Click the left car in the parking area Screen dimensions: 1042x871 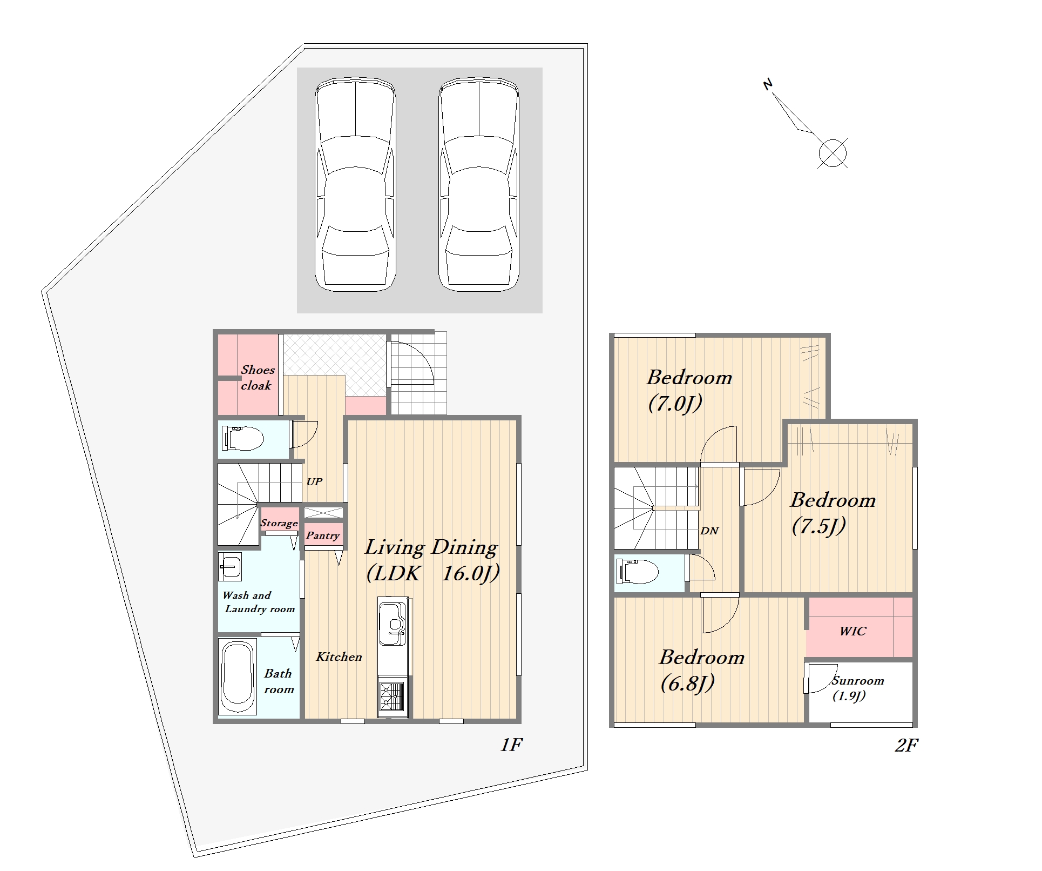point(355,184)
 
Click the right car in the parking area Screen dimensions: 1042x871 point(479,184)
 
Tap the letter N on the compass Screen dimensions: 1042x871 point(768,84)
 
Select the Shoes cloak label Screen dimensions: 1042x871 point(257,378)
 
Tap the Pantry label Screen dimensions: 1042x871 point(323,535)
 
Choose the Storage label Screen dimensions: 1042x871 point(279,522)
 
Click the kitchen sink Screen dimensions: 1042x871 point(392,624)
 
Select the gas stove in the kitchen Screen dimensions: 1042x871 point(393,696)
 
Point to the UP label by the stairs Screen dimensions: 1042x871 point(314,481)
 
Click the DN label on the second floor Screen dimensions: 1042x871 point(709,531)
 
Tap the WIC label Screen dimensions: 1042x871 point(852,631)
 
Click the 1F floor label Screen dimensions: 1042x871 point(511,745)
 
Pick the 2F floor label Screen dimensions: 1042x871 point(906,746)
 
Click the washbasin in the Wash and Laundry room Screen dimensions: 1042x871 point(230,566)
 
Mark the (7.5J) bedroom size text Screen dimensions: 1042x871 point(818,526)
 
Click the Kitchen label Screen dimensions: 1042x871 point(339,656)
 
